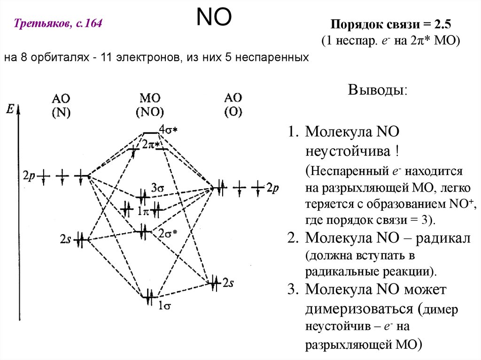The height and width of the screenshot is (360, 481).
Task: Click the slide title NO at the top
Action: tap(213, 18)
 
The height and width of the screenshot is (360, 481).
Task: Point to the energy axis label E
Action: tap(10, 109)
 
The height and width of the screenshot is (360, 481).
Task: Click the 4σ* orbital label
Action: tap(168, 129)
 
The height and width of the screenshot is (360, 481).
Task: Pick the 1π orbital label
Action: tap(143, 210)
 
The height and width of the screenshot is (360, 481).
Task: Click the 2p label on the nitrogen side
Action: tap(28, 177)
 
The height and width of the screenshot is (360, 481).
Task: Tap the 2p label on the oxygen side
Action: tap(272, 188)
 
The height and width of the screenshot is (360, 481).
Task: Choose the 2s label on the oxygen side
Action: tap(228, 283)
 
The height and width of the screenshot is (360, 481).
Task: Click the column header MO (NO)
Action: tap(150, 105)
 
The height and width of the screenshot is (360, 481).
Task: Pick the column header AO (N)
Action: tap(61, 105)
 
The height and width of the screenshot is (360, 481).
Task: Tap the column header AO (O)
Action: tap(233, 105)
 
